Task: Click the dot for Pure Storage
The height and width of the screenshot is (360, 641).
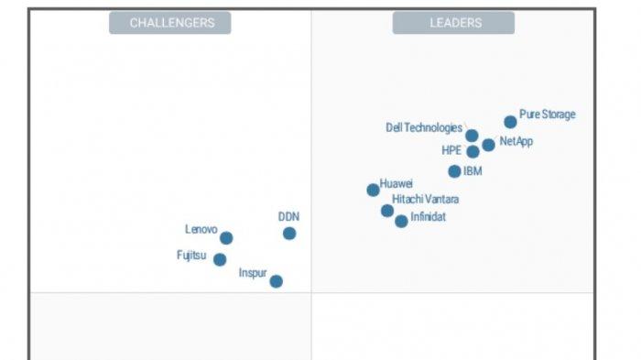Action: [x=510, y=122]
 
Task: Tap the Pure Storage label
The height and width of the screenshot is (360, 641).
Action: [x=548, y=115]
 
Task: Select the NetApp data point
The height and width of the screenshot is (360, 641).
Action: [x=488, y=145]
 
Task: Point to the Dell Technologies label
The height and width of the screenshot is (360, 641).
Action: [x=424, y=128]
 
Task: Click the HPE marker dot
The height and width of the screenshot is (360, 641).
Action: [x=473, y=152]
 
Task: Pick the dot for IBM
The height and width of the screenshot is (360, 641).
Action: [x=454, y=171]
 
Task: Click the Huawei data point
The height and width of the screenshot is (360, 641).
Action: [x=373, y=191]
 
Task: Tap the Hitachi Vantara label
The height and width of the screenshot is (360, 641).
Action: [x=426, y=199]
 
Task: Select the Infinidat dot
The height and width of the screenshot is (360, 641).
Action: [x=401, y=221]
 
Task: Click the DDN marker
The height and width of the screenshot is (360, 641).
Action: [x=289, y=234]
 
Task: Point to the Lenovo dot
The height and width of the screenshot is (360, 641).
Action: [x=226, y=238]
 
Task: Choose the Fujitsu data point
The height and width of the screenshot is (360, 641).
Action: [x=220, y=259]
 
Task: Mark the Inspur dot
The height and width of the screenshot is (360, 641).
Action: [x=276, y=281]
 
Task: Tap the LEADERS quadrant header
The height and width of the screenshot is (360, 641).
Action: [x=455, y=23]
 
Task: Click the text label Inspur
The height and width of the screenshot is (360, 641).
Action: [x=253, y=273]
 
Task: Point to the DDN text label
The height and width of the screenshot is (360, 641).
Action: [x=288, y=217]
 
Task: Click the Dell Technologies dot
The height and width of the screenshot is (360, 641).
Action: [x=472, y=136]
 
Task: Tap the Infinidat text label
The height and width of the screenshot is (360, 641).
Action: [x=429, y=217]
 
